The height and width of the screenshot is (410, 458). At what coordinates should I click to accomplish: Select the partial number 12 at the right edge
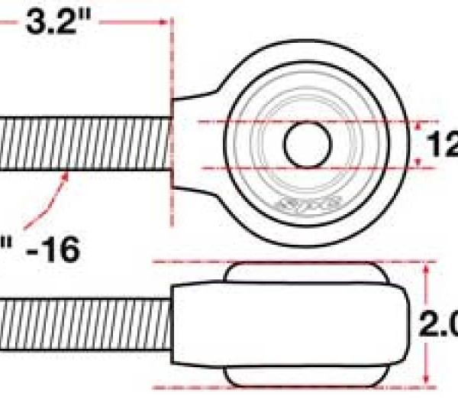tap(443, 144)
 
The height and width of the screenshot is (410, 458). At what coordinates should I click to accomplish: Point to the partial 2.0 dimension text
tap(440, 324)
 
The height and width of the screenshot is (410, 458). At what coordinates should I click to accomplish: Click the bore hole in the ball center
tap(307, 144)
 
